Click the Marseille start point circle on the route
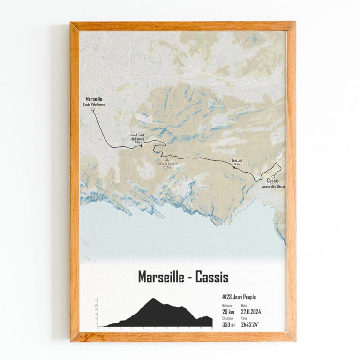pyautogui.click(x=93, y=109)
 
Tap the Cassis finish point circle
pyautogui.click(x=273, y=177)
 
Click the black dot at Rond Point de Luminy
pyautogui.click(x=142, y=146)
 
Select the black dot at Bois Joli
pyautogui.click(x=234, y=167)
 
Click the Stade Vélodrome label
pyautogui.click(x=94, y=104)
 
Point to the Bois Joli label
pyautogui.click(x=236, y=161)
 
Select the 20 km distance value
pyautogui.click(x=228, y=311)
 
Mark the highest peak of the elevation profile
pyautogui.click(x=153, y=298)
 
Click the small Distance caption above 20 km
pyautogui.click(x=227, y=305)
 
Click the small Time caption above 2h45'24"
pyautogui.click(x=244, y=318)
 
